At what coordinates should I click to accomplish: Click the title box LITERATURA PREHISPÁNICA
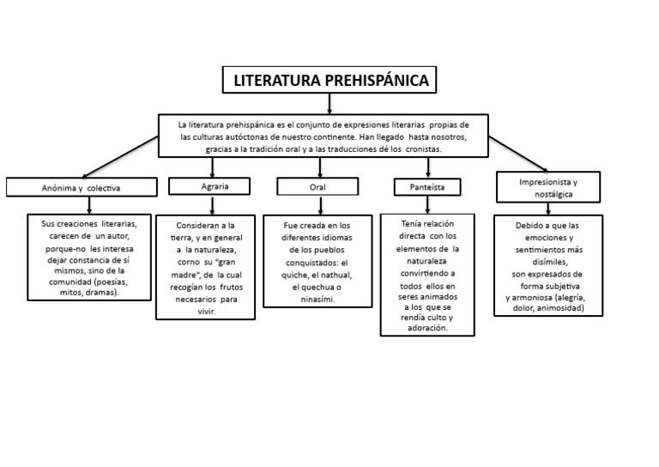pyautogui.click(x=329, y=82)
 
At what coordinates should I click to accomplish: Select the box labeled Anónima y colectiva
pyautogui.click(x=82, y=186)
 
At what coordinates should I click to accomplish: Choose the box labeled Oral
pyautogui.click(x=317, y=186)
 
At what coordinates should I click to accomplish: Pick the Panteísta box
pyautogui.click(x=426, y=186)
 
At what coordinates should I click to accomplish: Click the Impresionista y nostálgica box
pyautogui.click(x=548, y=187)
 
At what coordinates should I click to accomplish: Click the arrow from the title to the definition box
pyautogui.click(x=329, y=104)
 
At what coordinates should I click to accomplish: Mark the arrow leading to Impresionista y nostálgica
pyautogui.click(x=518, y=157)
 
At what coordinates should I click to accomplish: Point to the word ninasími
pyautogui.click(x=317, y=300)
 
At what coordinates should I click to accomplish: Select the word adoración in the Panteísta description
pyautogui.click(x=427, y=329)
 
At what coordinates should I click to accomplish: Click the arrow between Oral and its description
pyautogui.click(x=317, y=204)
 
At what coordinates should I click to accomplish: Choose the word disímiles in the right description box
pyautogui.click(x=548, y=261)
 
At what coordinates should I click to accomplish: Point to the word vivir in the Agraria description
pyautogui.click(x=205, y=312)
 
